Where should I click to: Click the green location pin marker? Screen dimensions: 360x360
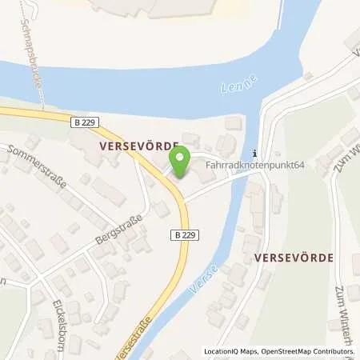tap(182, 162)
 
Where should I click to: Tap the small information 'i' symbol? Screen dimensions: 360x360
tap(254, 154)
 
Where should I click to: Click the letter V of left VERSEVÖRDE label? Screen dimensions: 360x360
tap(103, 148)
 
